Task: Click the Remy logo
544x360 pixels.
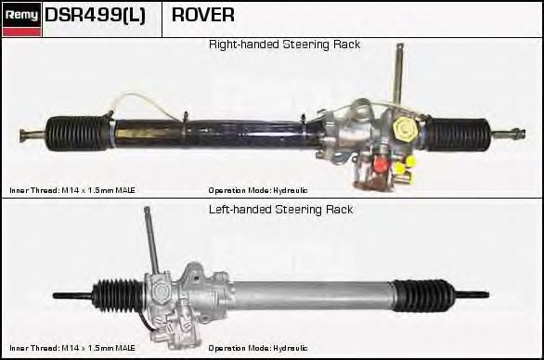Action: pos(21,19)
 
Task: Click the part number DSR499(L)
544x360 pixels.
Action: pos(95,15)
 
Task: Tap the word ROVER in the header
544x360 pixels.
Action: pos(203,15)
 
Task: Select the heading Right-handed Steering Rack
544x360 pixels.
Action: pos(284,45)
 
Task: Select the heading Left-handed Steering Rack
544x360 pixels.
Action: pos(280,210)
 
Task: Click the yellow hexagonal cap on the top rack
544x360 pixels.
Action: pos(406,129)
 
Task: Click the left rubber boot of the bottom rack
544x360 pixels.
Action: pos(118,295)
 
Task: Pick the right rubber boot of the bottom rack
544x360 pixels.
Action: pos(423,295)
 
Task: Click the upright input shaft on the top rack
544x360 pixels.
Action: pos(398,73)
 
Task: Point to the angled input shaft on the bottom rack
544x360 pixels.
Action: pos(151,239)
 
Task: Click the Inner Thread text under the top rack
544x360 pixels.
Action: pos(72,190)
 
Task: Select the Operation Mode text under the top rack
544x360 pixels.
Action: pos(258,190)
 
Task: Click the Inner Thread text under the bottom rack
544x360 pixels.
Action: pos(72,348)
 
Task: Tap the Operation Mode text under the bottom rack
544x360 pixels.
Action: pos(258,348)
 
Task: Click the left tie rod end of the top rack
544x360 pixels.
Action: pos(32,135)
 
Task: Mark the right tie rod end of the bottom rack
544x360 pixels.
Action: pos(472,295)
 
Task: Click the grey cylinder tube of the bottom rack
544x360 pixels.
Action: pos(312,295)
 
